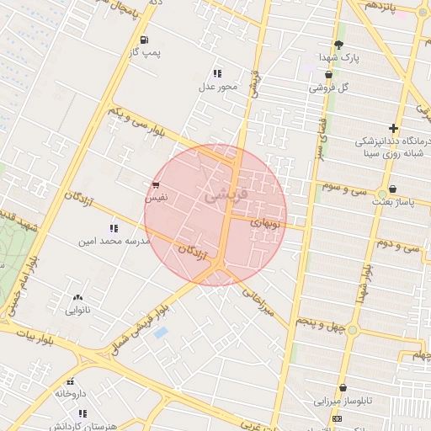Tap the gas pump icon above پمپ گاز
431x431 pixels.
[145, 40]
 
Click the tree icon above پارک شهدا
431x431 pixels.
[338, 45]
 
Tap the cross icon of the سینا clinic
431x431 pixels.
[393, 128]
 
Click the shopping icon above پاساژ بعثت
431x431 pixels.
[393, 189]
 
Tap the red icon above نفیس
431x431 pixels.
[156, 184]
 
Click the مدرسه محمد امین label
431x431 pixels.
[114, 241]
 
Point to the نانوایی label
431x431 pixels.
[78, 310]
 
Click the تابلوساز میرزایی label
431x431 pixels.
[343, 401]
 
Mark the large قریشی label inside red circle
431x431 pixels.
[227, 194]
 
